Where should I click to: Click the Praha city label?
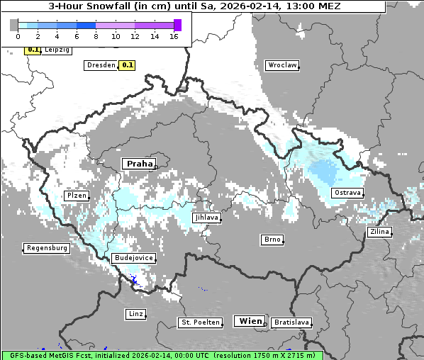[140, 164]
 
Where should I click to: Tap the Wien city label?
[250, 321]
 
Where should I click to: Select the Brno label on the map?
[272, 240]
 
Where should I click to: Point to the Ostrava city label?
[347, 193]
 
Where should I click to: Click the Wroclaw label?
[281, 65]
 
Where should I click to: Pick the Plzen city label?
[76, 195]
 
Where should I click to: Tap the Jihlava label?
[206, 218]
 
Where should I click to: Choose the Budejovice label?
[133, 259]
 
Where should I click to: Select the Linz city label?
[135, 313]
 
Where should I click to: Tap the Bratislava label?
[291, 322]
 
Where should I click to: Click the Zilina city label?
[379, 232]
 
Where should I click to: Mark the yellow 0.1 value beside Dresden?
[127, 65]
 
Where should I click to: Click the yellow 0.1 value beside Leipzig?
[33, 50]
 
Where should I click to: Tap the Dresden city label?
[100, 65]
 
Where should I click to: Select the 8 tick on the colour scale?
[96, 36]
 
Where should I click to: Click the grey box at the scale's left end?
[14, 25]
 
